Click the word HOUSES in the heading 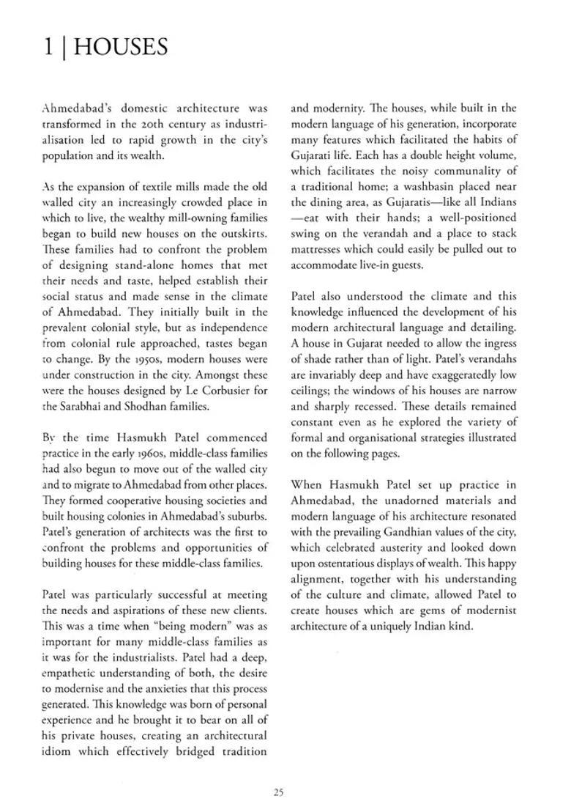tap(121, 48)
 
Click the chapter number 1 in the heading tap(48, 48)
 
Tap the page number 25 tap(278, 791)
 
